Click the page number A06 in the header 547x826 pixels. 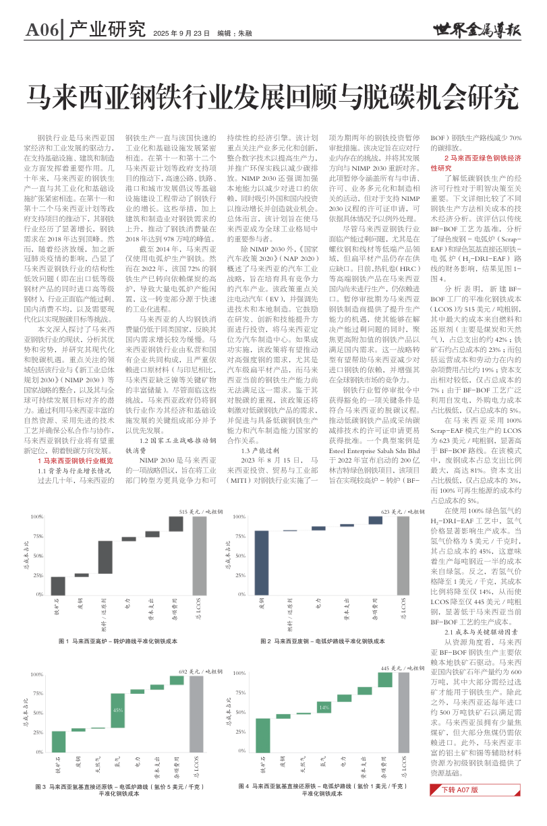42,30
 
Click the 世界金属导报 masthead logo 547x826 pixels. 477,30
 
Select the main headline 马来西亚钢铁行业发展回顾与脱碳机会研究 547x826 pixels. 273,98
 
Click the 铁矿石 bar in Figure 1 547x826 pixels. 59,586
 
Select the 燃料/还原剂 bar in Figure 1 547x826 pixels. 105,561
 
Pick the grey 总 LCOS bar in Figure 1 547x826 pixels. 199,556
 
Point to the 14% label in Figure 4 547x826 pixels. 324,707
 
